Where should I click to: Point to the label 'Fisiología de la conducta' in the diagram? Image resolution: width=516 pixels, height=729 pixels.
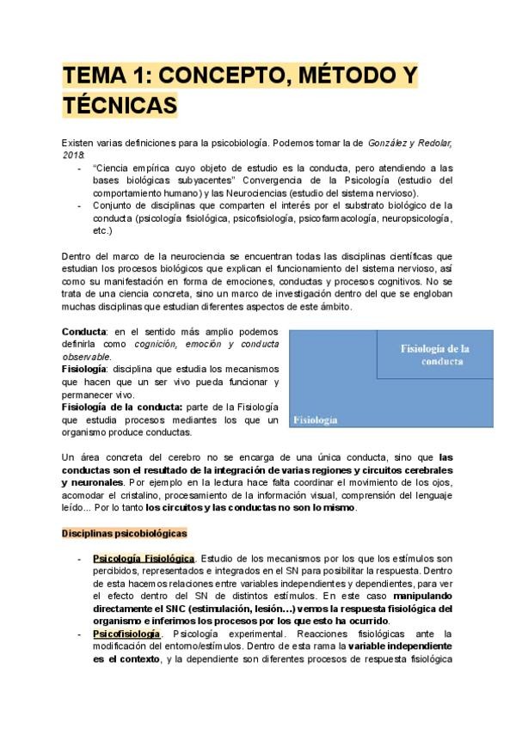click(433, 354)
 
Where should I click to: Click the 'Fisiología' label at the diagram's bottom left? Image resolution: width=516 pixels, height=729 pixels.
click(315, 420)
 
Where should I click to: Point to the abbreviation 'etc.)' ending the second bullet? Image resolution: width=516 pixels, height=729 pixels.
click(101, 231)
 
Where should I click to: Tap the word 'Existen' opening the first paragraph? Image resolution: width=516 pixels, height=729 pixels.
click(78, 141)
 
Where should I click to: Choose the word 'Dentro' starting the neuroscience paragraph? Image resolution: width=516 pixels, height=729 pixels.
click(80, 257)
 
